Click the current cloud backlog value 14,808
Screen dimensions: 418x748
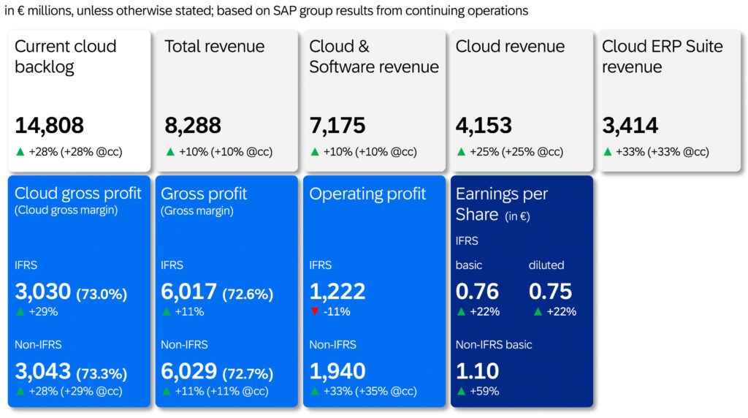click(x=49, y=126)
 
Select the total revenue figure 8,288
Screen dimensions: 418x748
click(x=193, y=126)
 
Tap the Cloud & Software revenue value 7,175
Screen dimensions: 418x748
click(x=337, y=126)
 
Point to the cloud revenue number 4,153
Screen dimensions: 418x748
click(x=484, y=126)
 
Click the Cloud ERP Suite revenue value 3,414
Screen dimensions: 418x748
click(x=630, y=126)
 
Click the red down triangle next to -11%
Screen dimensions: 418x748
click(x=315, y=312)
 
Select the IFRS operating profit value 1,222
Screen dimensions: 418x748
click(x=337, y=292)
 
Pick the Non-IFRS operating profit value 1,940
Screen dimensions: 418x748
click(x=337, y=371)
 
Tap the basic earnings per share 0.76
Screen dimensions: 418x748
click(x=477, y=292)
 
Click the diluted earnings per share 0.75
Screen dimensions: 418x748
click(x=550, y=292)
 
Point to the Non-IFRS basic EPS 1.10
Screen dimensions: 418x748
click(x=477, y=371)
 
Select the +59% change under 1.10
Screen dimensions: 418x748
click(x=484, y=391)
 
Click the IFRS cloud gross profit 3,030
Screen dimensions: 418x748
click(x=42, y=292)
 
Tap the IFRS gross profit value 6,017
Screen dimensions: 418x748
click(x=188, y=292)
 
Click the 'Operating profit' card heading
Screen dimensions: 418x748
click(x=367, y=194)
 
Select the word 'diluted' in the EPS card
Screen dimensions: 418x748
click(x=546, y=265)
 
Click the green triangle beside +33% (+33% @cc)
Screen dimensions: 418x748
click(x=607, y=152)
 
